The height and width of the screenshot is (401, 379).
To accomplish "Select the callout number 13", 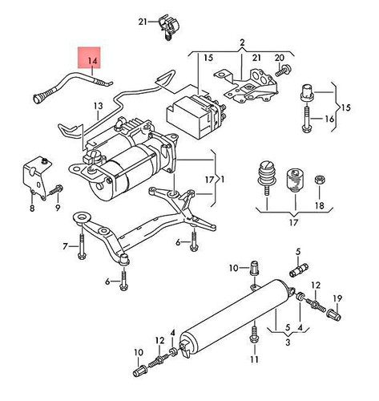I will point(98,106).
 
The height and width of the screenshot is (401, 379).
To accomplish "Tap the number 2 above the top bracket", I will point(240,42).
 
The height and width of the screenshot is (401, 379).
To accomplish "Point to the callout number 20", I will point(280,59).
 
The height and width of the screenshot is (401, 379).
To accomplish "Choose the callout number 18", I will point(320,205).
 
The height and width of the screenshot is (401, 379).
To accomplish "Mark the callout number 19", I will point(337,299).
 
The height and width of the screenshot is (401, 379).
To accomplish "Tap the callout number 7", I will point(66,245).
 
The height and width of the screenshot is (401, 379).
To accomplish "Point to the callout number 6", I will point(107,282).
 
